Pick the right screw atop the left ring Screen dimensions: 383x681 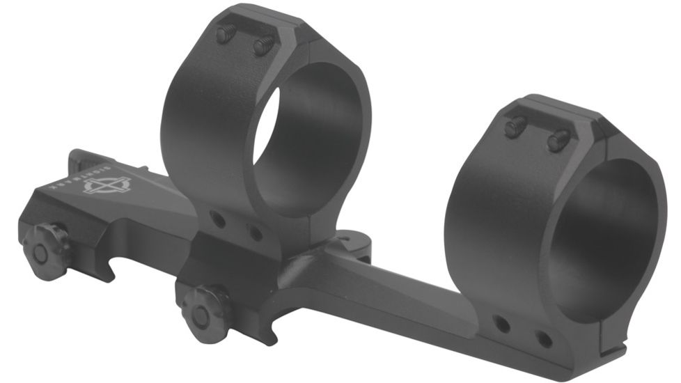coord(263,46)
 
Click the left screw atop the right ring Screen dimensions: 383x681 coord(516,127)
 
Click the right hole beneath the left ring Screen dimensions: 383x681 coord(255,233)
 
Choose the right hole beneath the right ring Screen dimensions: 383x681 coord(544,339)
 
